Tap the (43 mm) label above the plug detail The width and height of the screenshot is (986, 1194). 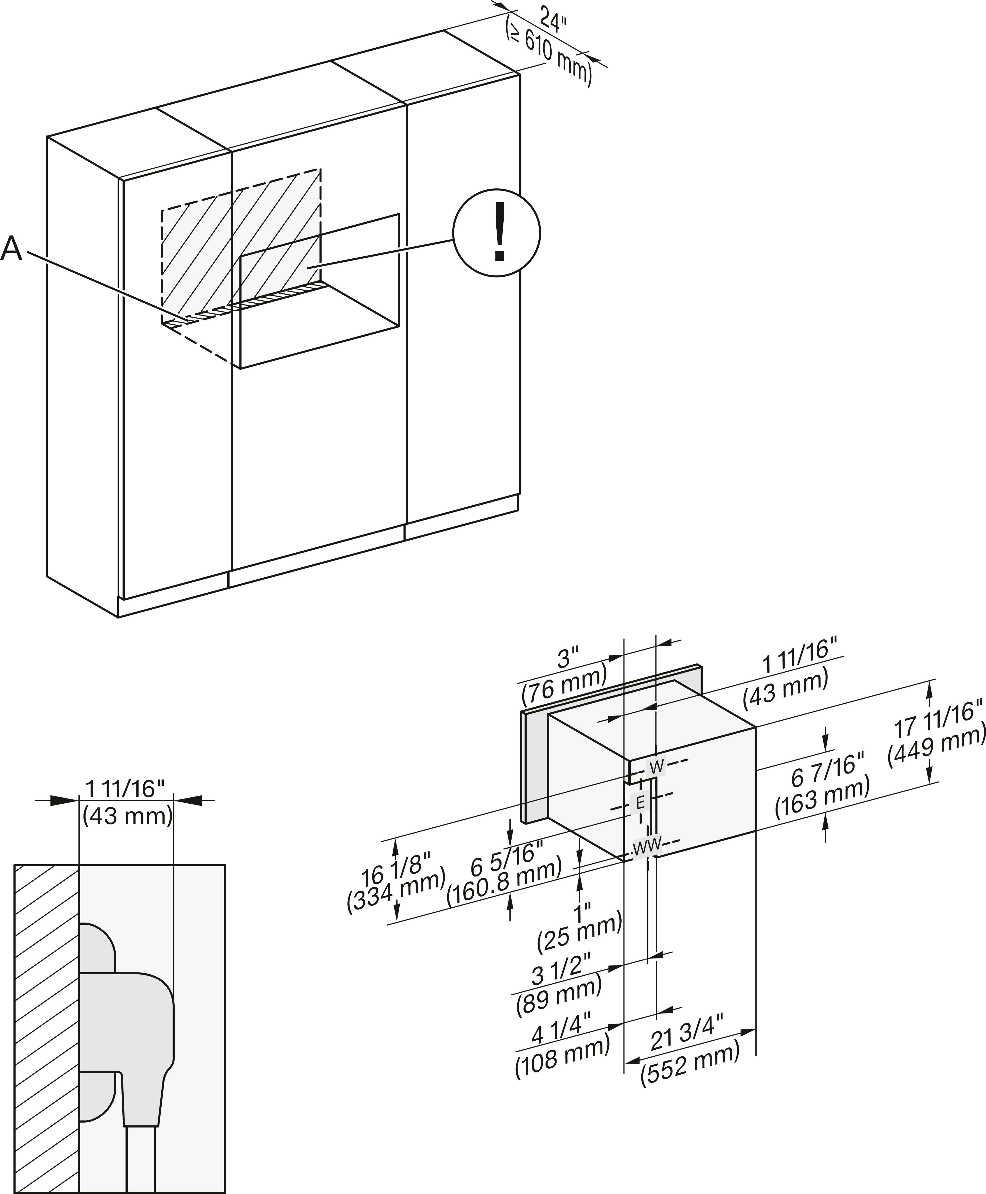click(127, 816)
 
